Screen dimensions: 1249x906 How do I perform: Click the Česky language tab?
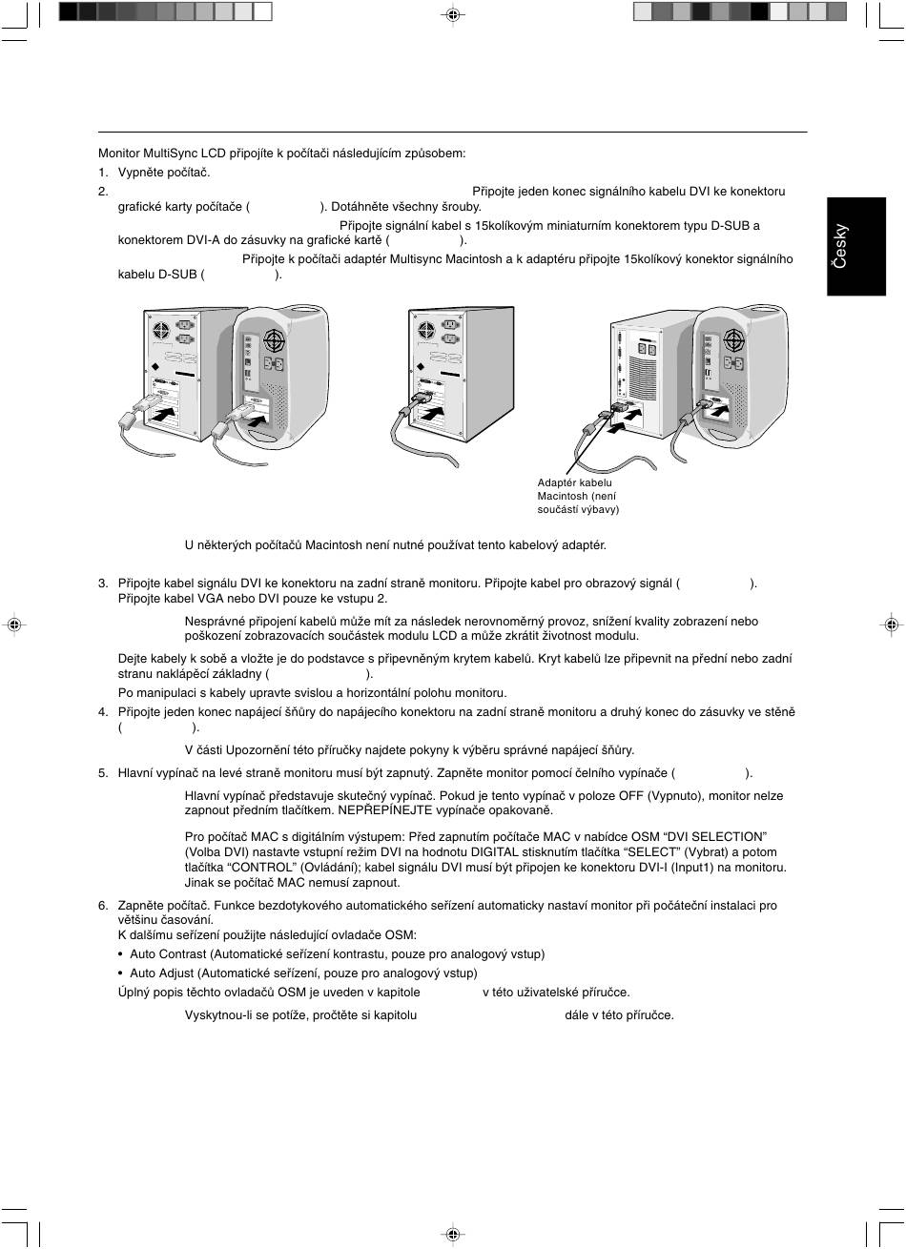click(x=840, y=245)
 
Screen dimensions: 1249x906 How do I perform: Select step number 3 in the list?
click(x=103, y=584)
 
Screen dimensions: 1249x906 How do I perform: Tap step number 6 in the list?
click(x=103, y=905)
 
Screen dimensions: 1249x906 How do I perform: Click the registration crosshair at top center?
click(x=453, y=15)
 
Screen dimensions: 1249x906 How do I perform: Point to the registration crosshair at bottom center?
click(x=453, y=1234)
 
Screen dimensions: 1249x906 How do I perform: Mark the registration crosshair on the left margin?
click(x=13, y=624)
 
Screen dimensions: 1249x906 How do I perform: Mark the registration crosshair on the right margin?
click(x=891, y=624)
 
